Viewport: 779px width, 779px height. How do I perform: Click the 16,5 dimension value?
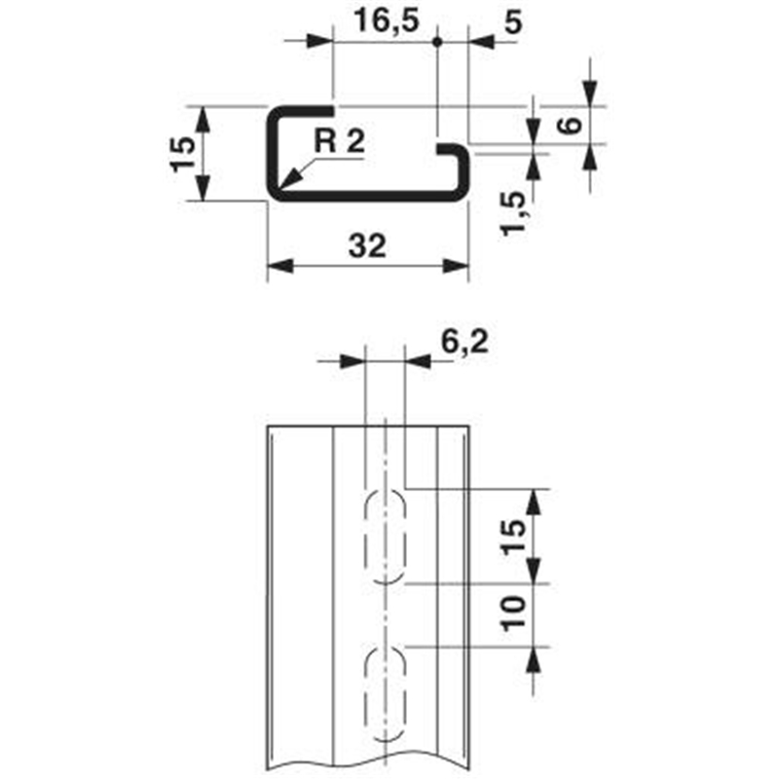387,22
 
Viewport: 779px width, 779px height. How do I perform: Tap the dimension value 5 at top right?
513,22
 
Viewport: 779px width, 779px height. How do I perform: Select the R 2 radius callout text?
340,141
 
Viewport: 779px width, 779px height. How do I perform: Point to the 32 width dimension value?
368,246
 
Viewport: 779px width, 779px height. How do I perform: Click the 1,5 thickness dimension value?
513,213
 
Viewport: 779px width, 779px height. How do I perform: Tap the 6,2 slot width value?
464,343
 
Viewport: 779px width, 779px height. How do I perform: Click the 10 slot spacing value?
514,613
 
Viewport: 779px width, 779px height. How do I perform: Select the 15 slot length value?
514,537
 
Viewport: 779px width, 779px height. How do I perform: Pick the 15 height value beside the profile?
183,155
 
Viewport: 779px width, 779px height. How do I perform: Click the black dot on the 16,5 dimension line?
437,42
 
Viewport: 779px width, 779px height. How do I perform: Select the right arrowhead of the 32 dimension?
456,266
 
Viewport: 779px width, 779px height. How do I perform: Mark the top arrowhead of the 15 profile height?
203,119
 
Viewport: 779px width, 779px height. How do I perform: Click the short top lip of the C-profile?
304,110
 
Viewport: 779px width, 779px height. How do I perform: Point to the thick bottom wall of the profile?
368,196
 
